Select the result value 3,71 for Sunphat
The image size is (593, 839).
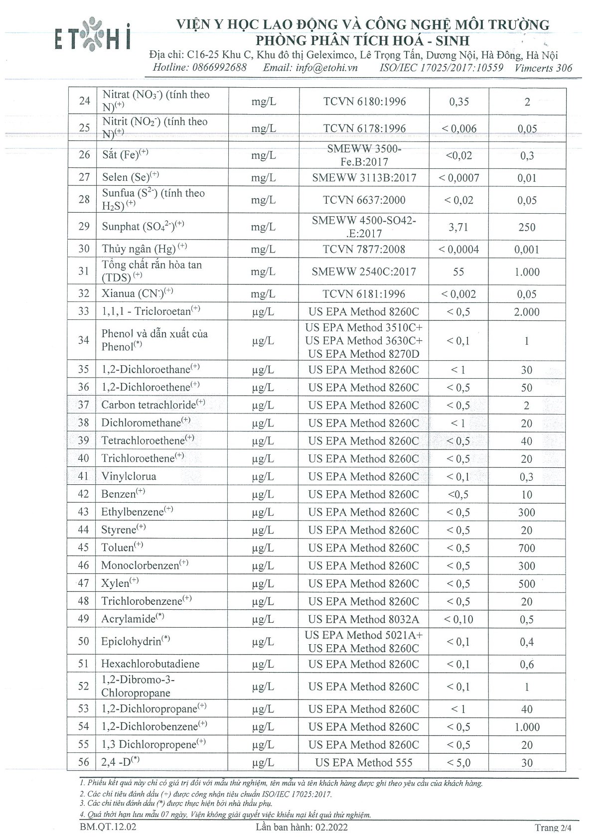pos(458,227)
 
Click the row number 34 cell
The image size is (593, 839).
pos(84,340)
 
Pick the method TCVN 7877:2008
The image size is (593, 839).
pos(364,249)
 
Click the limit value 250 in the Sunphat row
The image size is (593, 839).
pos(527,227)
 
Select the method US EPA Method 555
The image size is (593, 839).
pos(364,762)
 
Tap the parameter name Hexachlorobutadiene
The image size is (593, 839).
pos(150,664)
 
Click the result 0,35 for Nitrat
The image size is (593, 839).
pos(458,102)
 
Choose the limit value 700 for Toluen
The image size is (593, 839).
pos(527,548)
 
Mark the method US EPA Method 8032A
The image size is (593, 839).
pos(364,619)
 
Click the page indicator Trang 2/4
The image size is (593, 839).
pos(553,828)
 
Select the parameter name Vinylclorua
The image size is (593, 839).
pos(129,476)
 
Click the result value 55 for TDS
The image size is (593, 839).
pos(458,272)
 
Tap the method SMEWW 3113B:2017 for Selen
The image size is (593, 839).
pos(364,177)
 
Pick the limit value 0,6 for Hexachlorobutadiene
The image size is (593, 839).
pos(527,664)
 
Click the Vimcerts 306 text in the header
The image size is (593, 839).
pos(544,68)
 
